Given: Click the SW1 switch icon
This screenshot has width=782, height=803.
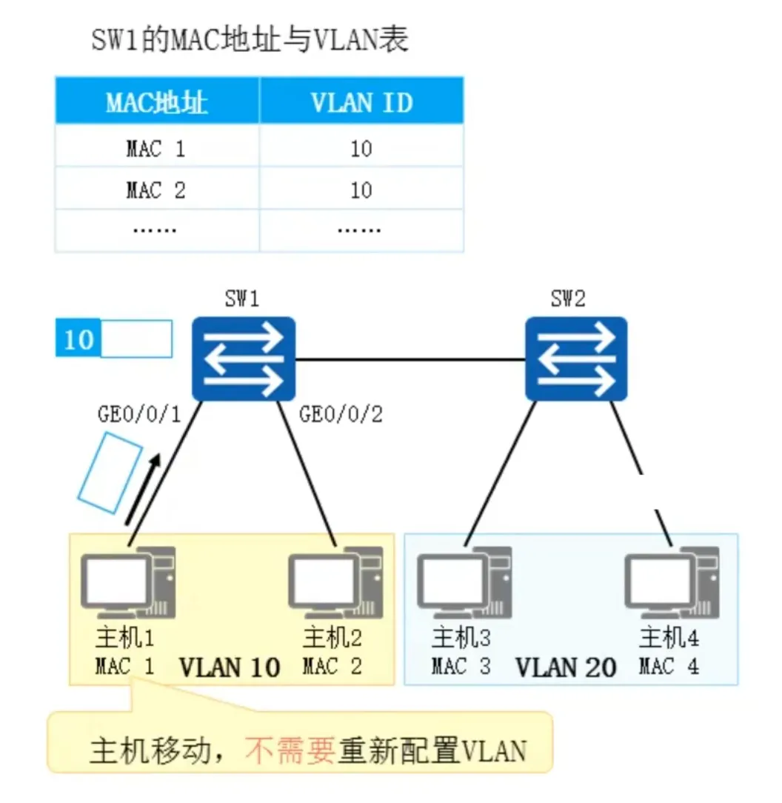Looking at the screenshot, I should point(244,359).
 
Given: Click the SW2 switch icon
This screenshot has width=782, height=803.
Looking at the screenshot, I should point(576,359).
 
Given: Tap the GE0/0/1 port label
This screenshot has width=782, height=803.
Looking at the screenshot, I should point(139,414).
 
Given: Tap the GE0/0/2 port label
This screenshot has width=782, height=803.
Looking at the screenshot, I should point(341,414).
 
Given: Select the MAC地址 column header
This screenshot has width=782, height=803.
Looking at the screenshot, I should point(156,102).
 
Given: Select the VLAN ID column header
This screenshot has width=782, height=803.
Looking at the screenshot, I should point(361,102).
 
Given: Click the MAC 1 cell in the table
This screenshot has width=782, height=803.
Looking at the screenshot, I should point(156,149).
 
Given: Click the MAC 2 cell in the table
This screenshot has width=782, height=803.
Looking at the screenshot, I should point(156,190).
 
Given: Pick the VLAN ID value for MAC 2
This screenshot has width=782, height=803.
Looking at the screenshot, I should point(361,190).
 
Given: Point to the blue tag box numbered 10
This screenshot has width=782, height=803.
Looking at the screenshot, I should point(78,339).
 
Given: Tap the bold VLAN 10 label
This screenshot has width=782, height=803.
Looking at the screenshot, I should point(230,667).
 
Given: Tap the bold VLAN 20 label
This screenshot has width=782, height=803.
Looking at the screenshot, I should point(566,667).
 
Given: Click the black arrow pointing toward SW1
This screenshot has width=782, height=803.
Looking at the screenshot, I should point(142,492).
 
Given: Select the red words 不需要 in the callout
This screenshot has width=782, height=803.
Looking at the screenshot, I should point(290,751).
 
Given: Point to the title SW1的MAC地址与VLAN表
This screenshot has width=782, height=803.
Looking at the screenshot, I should point(250,40).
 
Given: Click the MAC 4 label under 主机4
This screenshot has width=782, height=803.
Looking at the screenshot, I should point(669,667).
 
